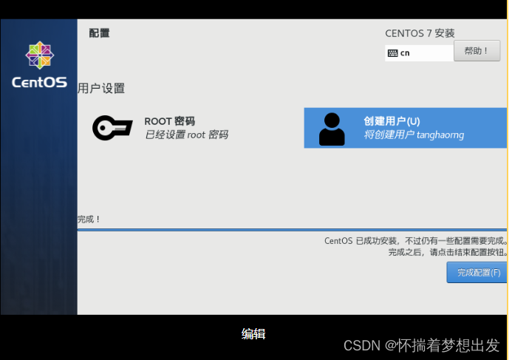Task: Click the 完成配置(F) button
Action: pyautogui.click(x=478, y=273)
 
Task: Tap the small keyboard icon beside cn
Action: pyautogui.click(x=392, y=53)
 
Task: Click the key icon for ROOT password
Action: pyautogui.click(x=112, y=128)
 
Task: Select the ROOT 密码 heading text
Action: pyautogui.click(x=169, y=121)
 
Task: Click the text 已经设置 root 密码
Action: pyautogui.click(x=186, y=135)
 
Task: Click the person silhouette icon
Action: pyautogui.click(x=332, y=129)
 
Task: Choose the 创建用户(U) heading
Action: pyautogui.click(x=392, y=121)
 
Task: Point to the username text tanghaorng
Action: pyautogui.click(x=439, y=135)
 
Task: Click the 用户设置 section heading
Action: pyautogui.click(x=101, y=89)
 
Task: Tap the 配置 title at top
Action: pyautogui.click(x=99, y=33)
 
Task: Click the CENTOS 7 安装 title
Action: pyautogui.click(x=420, y=33)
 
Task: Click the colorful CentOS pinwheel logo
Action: pyautogui.click(x=39, y=56)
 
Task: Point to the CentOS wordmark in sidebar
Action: pyautogui.click(x=39, y=82)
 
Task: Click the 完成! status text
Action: pyautogui.click(x=89, y=220)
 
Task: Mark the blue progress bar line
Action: pyautogui.click(x=292, y=230)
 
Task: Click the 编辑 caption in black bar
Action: pyautogui.click(x=253, y=334)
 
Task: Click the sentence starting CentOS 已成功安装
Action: pyautogui.click(x=416, y=241)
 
